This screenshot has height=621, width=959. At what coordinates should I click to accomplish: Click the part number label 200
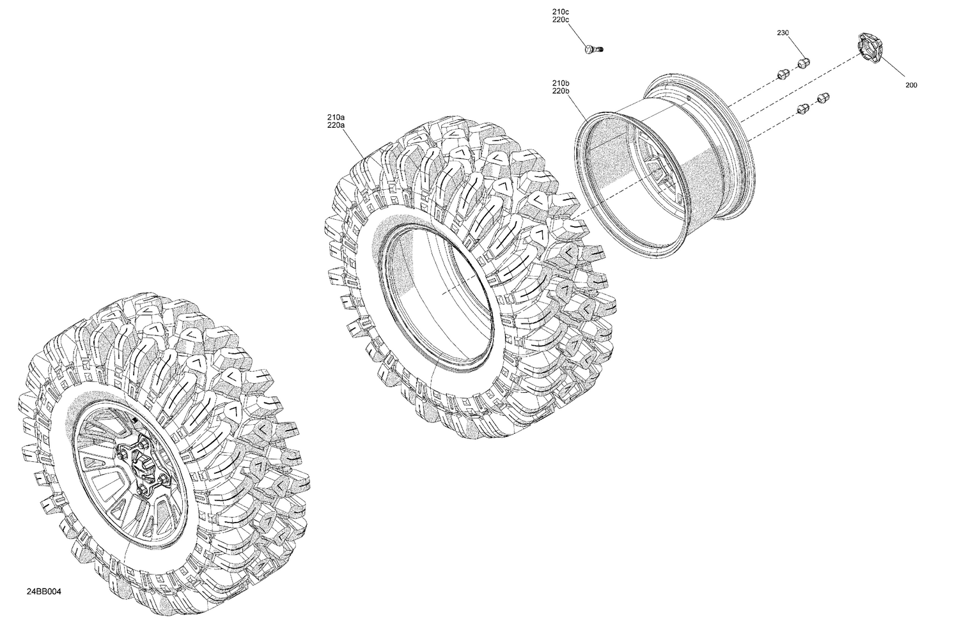(911, 85)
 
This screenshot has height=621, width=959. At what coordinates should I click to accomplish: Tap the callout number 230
(783, 33)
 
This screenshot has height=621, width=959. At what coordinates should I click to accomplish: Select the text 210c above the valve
(561, 12)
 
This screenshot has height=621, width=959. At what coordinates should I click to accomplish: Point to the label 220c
(561, 20)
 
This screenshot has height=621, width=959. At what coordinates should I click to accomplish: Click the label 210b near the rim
(561, 84)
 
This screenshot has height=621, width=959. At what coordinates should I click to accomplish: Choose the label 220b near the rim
(561, 91)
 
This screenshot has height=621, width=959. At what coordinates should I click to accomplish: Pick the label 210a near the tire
(336, 118)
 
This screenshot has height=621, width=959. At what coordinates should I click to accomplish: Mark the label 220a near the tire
(336, 125)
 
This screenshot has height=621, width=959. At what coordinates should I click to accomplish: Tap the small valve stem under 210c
(594, 49)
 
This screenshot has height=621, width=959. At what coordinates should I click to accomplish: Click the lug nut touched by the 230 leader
(804, 62)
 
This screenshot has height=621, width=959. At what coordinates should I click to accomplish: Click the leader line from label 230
(794, 47)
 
